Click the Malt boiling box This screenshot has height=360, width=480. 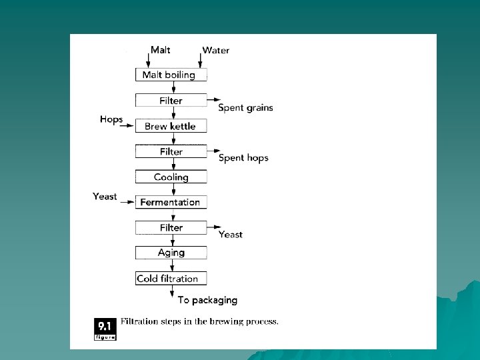pos(171,75)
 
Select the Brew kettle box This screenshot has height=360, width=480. pos(171,126)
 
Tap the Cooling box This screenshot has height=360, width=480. pos(171,177)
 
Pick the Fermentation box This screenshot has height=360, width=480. pos(171,202)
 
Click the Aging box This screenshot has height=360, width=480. pos(171,253)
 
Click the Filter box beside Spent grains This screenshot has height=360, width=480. pos(171,101)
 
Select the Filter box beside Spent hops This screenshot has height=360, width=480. pos(171,151)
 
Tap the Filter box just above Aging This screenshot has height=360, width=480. pos(171,227)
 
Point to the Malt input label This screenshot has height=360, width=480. pos(160,50)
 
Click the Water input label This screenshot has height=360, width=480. pos(215,51)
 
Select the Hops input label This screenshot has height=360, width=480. pos(111,119)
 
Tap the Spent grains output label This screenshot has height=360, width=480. pos(245,108)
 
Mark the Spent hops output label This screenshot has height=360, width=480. pos(243,158)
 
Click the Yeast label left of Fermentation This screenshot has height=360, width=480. pos(105,196)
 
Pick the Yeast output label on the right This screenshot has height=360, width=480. pos(231,235)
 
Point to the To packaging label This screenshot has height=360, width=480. pos(207,301)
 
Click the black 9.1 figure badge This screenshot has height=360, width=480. pos(105,328)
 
